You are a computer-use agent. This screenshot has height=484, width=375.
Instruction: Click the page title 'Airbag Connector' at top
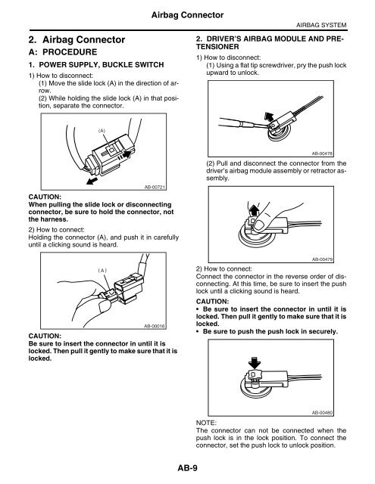click(187, 13)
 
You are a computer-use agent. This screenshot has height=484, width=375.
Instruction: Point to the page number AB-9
click(187, 468)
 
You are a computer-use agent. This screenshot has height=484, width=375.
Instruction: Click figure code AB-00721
click(155, 185)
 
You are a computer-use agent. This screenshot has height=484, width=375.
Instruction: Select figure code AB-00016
click(155, 324)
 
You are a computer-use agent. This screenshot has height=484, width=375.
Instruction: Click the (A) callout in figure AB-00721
click(100, 129)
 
